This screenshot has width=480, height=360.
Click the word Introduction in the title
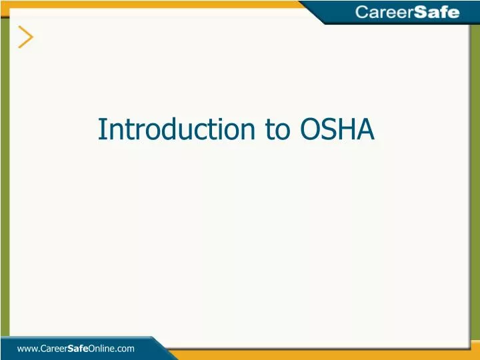coord(175,129)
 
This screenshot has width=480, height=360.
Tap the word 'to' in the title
coord(275,129)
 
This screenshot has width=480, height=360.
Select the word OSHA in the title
coord(337,129)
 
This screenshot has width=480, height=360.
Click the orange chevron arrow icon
coord(26,37)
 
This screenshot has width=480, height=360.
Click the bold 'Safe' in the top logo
coord(437,12)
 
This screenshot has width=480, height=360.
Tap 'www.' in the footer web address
coord(28,348)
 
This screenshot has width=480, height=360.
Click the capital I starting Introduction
coord(101,129)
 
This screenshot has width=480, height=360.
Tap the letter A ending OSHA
coord(366,129)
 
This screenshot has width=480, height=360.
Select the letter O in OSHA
coord(310,129)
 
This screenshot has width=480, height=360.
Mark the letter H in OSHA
coord(348,129)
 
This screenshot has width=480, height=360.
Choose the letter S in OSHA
coord(329,129)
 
